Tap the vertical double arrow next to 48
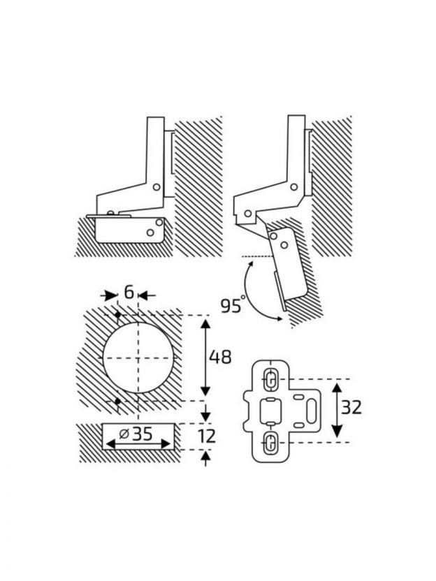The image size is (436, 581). click(205, 357)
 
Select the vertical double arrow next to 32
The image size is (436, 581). click(337, 409)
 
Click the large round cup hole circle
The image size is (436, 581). click(137, 357)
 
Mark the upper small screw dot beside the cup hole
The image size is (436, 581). click(117, 317)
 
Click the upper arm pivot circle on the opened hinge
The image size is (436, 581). click(295, 186)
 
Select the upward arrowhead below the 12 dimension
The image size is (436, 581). click(205, 456)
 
